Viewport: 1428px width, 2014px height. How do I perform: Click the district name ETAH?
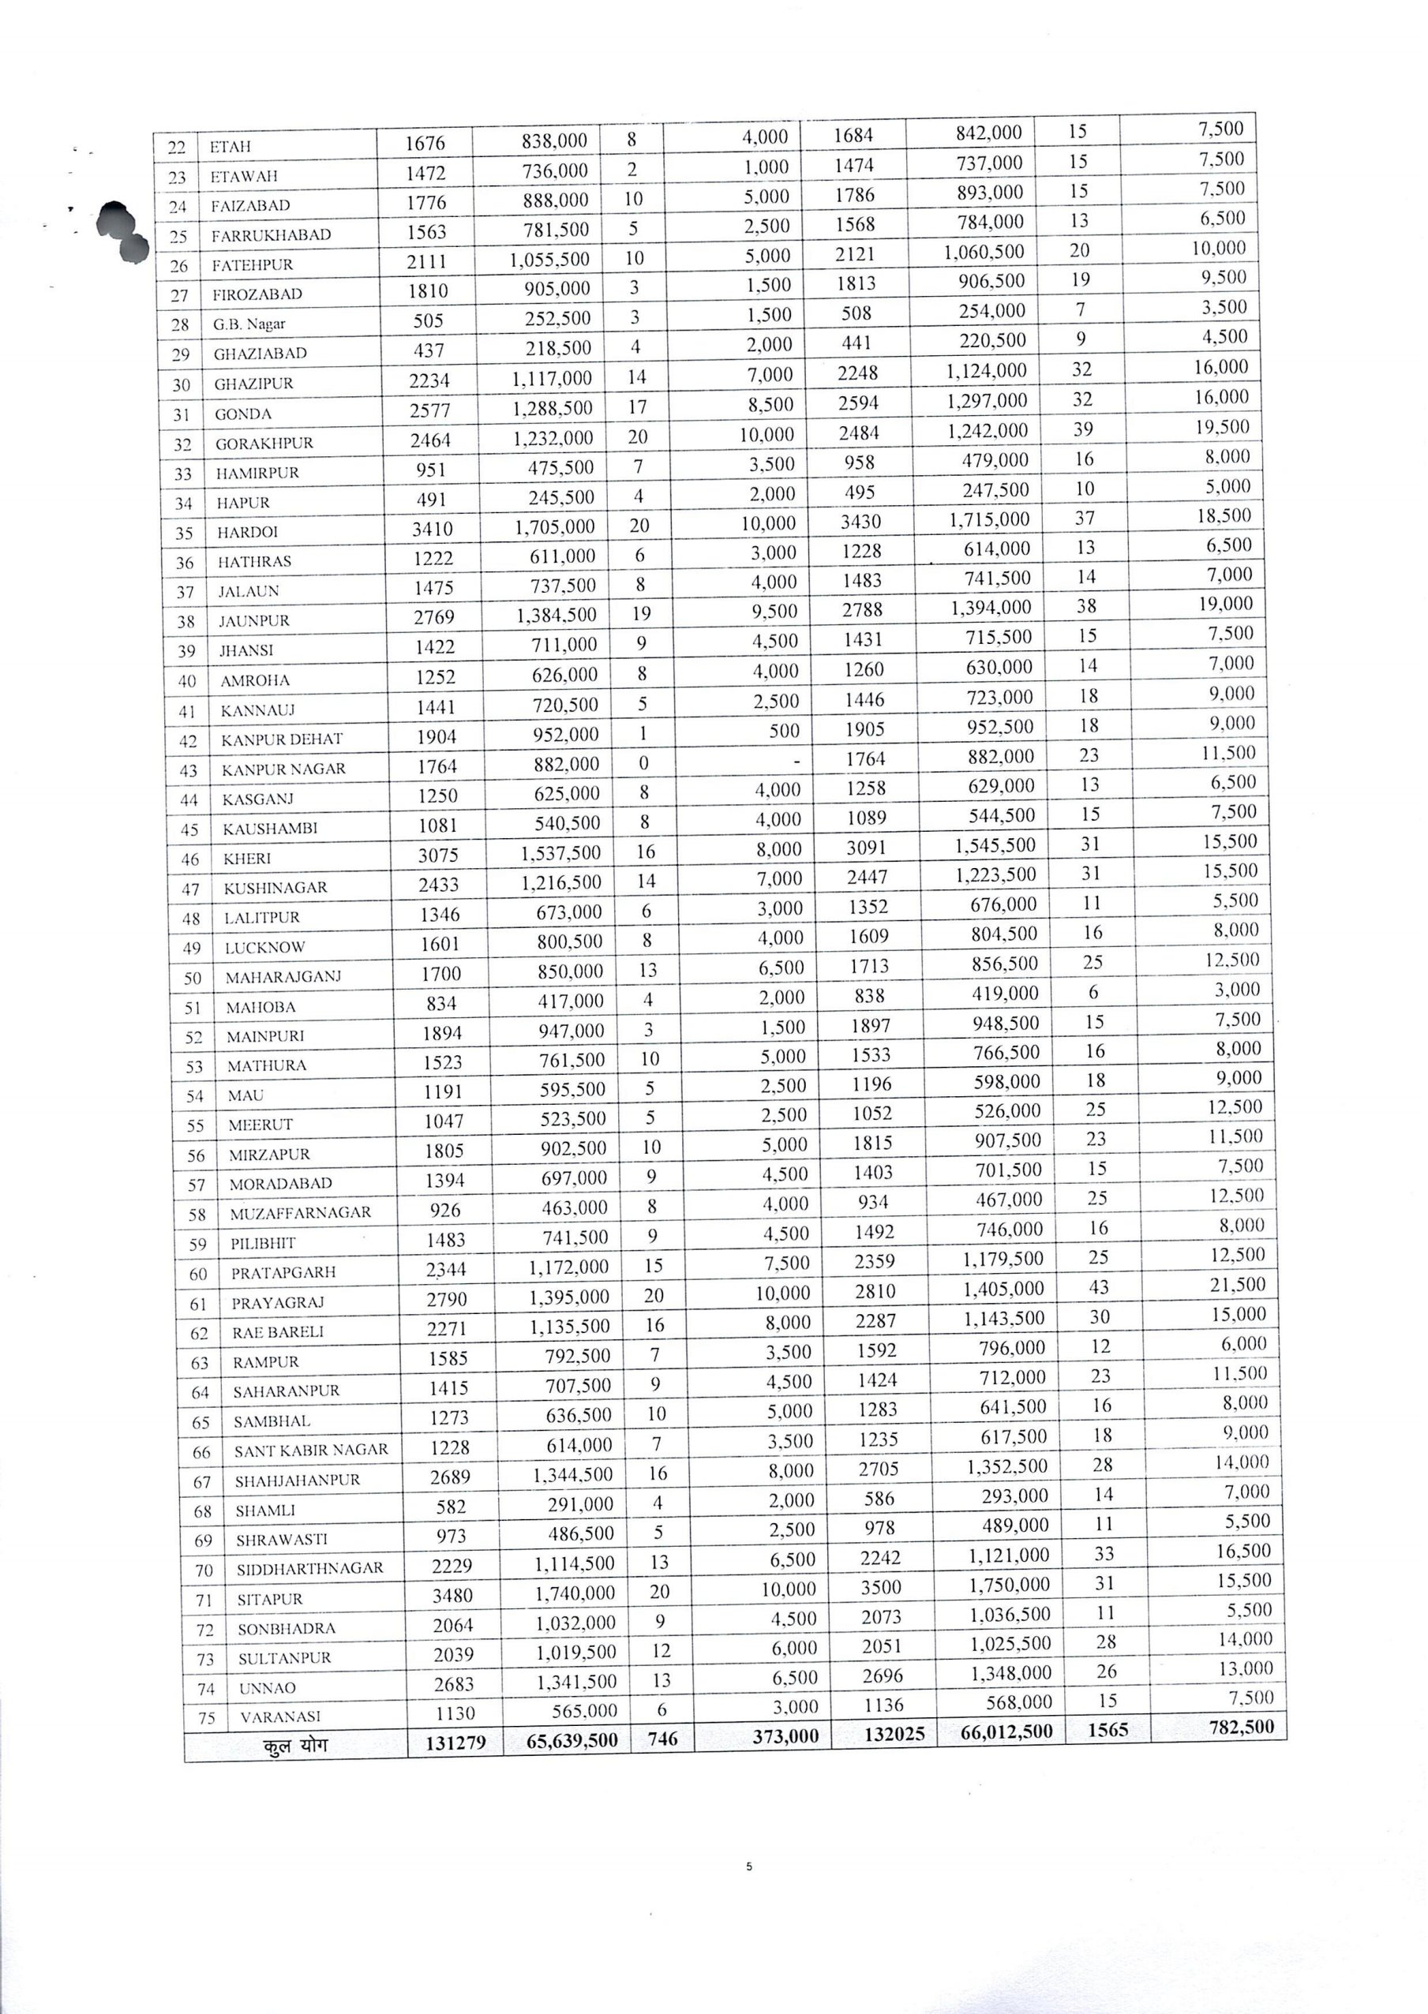click(231, 147)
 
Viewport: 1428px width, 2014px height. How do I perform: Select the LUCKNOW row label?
click(264, 948)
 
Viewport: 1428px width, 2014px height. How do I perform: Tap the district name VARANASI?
click(279, 1716)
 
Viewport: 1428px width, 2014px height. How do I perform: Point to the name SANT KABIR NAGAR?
click(310, 1451)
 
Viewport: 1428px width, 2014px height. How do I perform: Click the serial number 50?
click(193, 978)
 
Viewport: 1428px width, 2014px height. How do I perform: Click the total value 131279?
click(455, 1742)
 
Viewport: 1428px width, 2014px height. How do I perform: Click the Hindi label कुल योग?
click(294, 1744)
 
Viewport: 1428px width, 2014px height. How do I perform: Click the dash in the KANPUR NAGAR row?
click(796, 761)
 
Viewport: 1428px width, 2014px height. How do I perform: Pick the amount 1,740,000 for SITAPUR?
click(573, 1593)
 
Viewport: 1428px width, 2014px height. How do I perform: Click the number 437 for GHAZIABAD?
click(429, 350)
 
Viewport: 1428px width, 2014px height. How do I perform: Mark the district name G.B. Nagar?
click(249, 324)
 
